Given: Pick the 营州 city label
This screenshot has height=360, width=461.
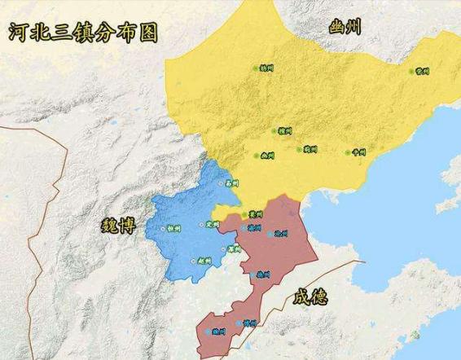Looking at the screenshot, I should (422, 72).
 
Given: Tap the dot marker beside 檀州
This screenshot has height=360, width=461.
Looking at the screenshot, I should (273, 131).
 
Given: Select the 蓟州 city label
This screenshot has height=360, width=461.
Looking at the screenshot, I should (310, 150).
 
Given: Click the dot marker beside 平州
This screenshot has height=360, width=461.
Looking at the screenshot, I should (349, 151).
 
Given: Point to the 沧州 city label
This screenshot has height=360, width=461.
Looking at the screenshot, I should (281, 233).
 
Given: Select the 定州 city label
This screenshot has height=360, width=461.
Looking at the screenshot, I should (213, 224).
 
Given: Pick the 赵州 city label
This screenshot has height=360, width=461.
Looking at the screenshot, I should (204, 261).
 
